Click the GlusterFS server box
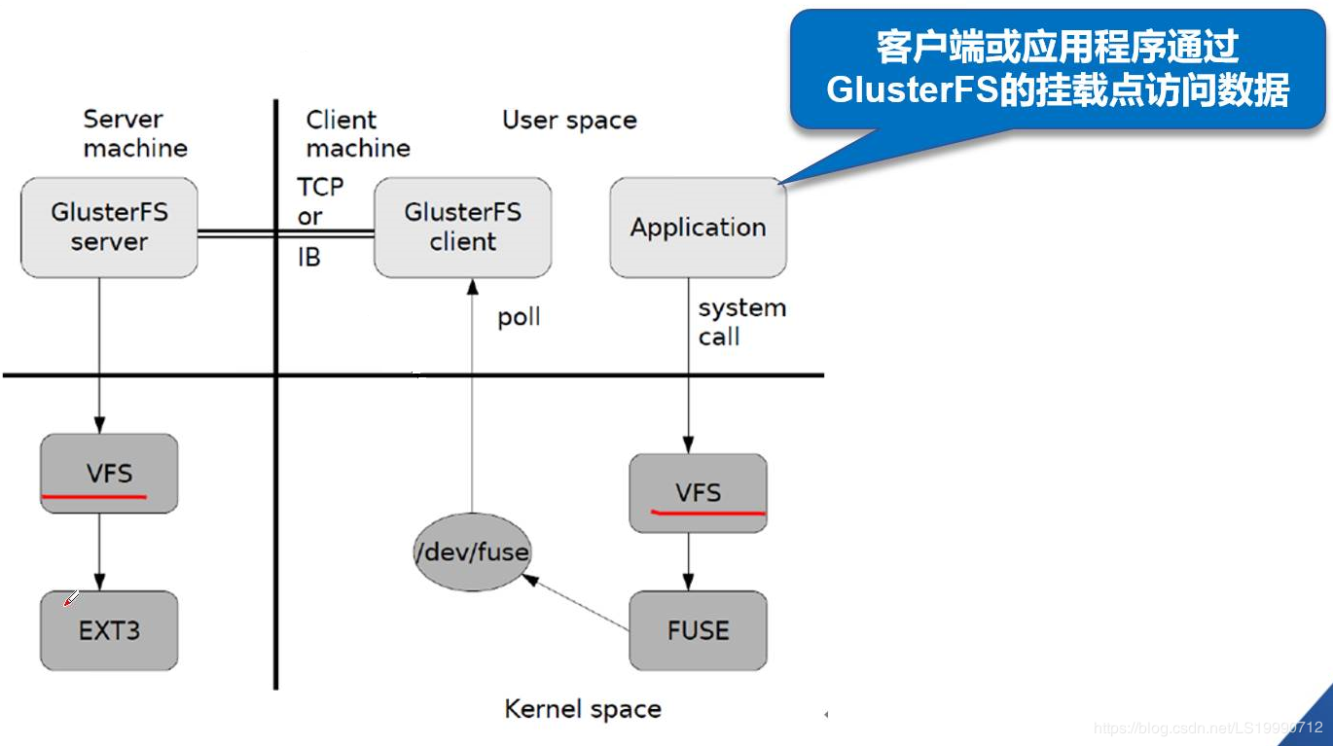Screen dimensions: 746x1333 (109, 227)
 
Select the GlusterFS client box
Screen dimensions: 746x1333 (462, 227)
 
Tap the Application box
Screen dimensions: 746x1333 (698, 228)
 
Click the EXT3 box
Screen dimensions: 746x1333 (109, 630)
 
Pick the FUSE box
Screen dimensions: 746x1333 (698, 630)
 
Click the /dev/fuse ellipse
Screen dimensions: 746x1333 (472, 553)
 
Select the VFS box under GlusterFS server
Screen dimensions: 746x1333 (109, 474)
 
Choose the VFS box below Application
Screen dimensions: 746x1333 (698, 493)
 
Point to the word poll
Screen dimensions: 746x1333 (519, 318)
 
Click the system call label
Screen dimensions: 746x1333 (740, 322)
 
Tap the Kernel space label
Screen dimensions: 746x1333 (582, 709)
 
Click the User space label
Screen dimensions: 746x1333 (569, 121)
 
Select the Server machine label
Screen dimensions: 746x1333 (134, 134)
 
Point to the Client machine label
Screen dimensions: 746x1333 (357, 134)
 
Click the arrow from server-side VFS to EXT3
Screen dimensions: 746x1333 (99, 551)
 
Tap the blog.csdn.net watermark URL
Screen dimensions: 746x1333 (1207, 728)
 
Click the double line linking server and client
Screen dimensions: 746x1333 (285, 232)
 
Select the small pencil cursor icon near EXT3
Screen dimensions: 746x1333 (71, 598)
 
